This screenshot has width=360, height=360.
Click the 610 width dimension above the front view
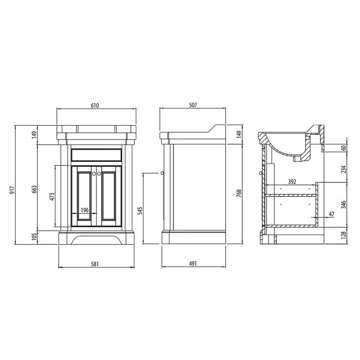[x=95, y=106]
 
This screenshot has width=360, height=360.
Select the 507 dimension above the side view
[x=193, y=106]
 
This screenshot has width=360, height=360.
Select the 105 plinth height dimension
[x=34, y=237]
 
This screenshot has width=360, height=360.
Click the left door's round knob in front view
[x=92, y=171]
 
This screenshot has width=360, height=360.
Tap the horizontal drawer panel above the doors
[x=95, y=155]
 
